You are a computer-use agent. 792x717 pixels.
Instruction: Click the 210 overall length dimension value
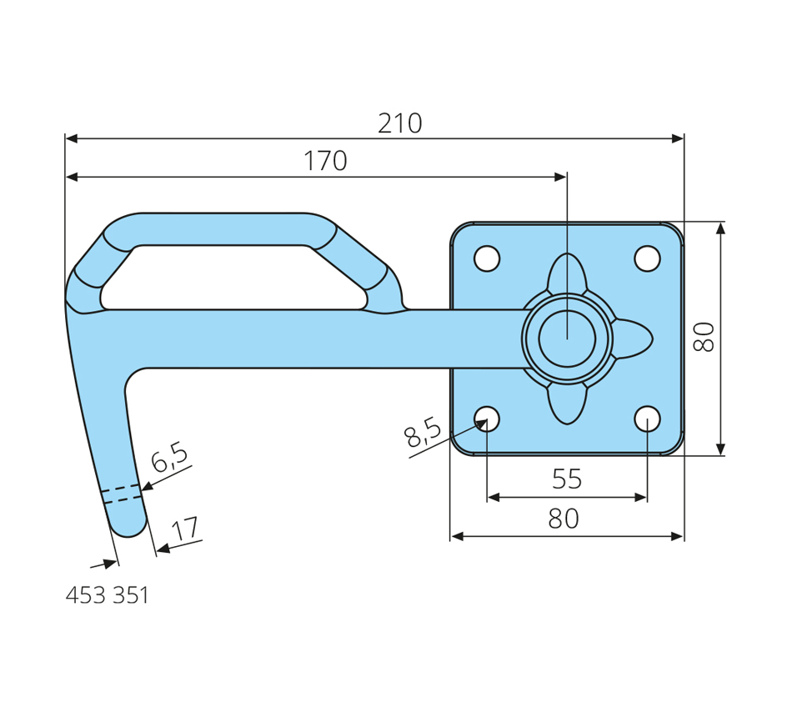click(x=400, y=123)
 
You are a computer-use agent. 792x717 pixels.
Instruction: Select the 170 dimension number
click(x=325, y=161)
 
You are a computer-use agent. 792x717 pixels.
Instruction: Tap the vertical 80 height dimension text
click(x=704, y=337)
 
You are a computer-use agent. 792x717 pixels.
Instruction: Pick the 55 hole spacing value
click(x=567, y=479)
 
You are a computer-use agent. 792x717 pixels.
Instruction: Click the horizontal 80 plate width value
click(x=564, y=519)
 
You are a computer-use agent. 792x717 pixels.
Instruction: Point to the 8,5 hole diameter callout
click(x=423, y=433)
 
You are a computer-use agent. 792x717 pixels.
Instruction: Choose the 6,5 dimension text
click(x=170, y=457)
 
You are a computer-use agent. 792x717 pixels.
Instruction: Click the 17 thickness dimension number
click(x=185, y=529)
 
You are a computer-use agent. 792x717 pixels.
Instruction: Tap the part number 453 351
click(x=107, y=595)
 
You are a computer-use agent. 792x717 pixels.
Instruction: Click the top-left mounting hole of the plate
click(x=487, y=258)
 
